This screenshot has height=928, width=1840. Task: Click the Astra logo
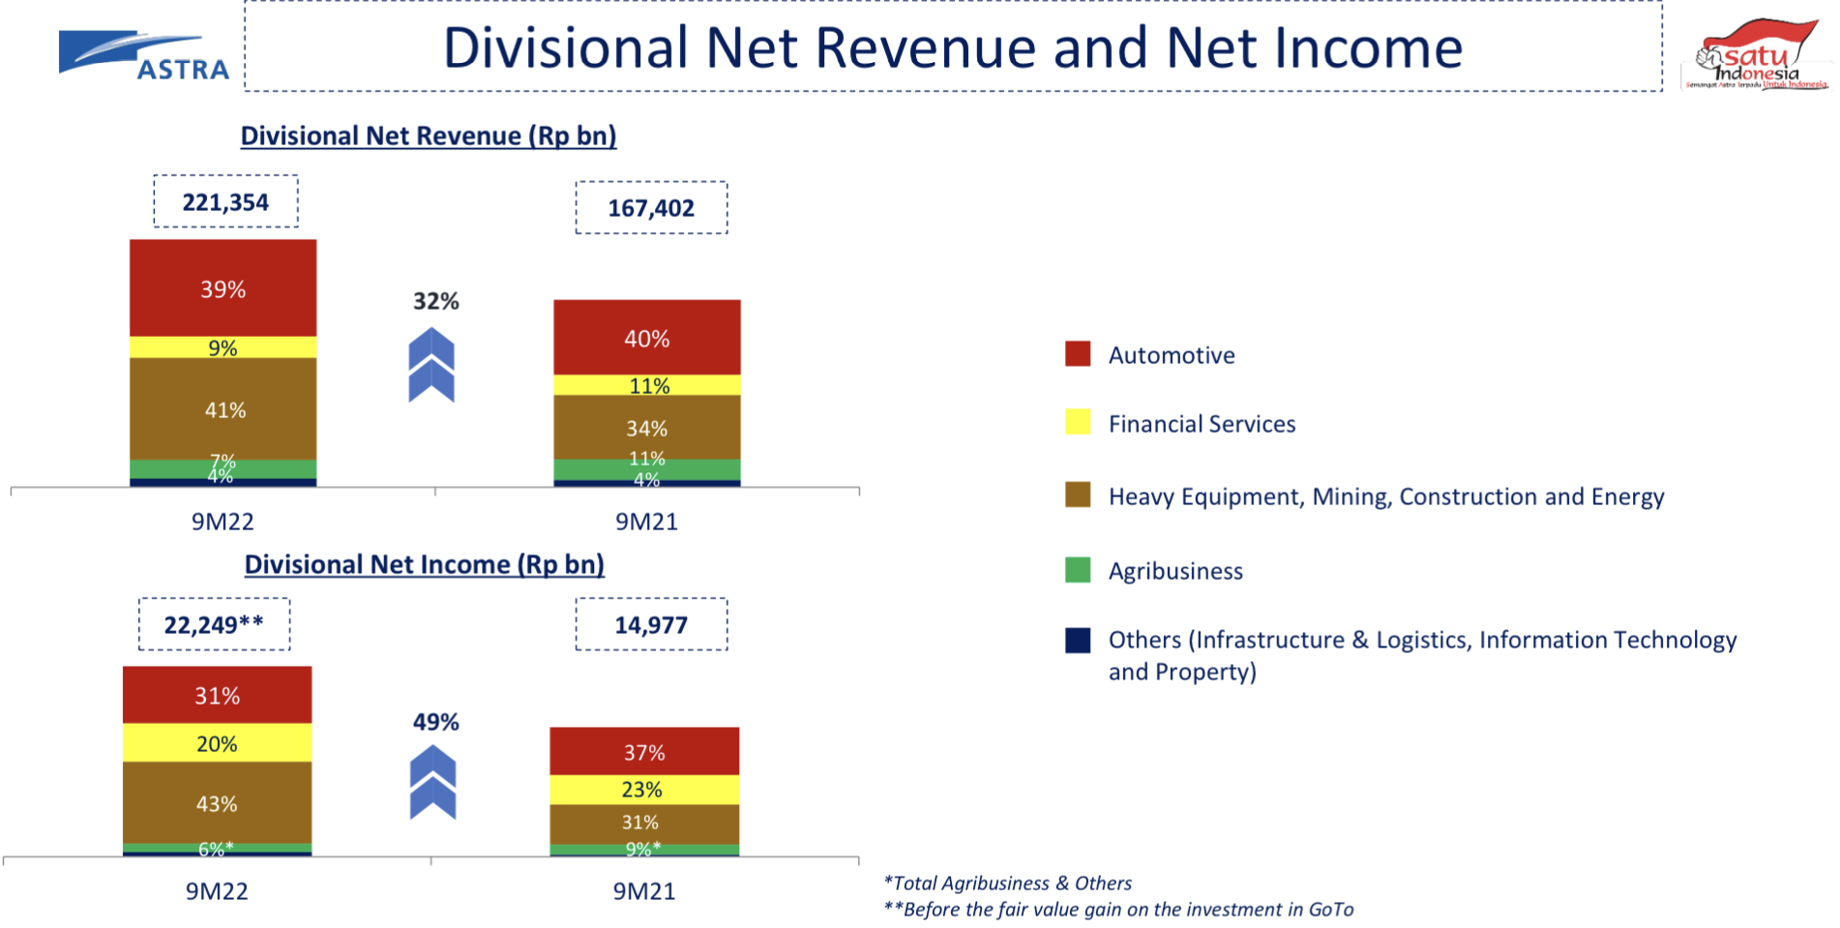pyautogui.click(x=143, y=56)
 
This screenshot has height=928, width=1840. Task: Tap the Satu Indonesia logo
pyautogui.click(x=1756, y=56)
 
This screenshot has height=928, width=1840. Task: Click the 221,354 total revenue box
pyautogui.click(x=225, y=202)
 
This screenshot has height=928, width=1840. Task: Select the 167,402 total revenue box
pyautogui.click(x=651, y=208)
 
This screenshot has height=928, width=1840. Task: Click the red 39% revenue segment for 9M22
pyautogui.click(x=223, y=288)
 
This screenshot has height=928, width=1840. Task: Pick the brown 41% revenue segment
pyautogui.click(x=223, y=409)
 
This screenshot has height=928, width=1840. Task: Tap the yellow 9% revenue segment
pyautogui.click(x=223, y=347)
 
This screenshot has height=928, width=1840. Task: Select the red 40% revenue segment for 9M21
pyautogui.click(x=646, y=338)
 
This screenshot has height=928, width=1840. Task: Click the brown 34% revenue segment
pyautogui.click(x=646, y=428)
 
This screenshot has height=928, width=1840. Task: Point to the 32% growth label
pyautogui.click(x=435, y=301)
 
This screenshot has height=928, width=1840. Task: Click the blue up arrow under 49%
pyautogui.click(x=432, y=782)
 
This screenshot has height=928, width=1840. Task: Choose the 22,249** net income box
pyautogui.click(x=214, y=624)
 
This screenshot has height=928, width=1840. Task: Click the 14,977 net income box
pyautogui.click(x=651, y=624)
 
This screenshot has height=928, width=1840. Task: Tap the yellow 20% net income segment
pyautogui.click(x=217, y=743)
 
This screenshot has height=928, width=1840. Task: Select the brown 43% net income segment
pyautogui.click(x=217, y=803)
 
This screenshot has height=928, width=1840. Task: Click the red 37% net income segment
pyautogui.click(x=644, y=752)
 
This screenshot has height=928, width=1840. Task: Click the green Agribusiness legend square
pyautogui.click(x=1078, y=570)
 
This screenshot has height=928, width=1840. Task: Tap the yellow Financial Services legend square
pyautogui.click(x=1078, y=423)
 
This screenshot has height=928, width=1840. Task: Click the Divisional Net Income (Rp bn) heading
pyautogui.click(x=424, y=564)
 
